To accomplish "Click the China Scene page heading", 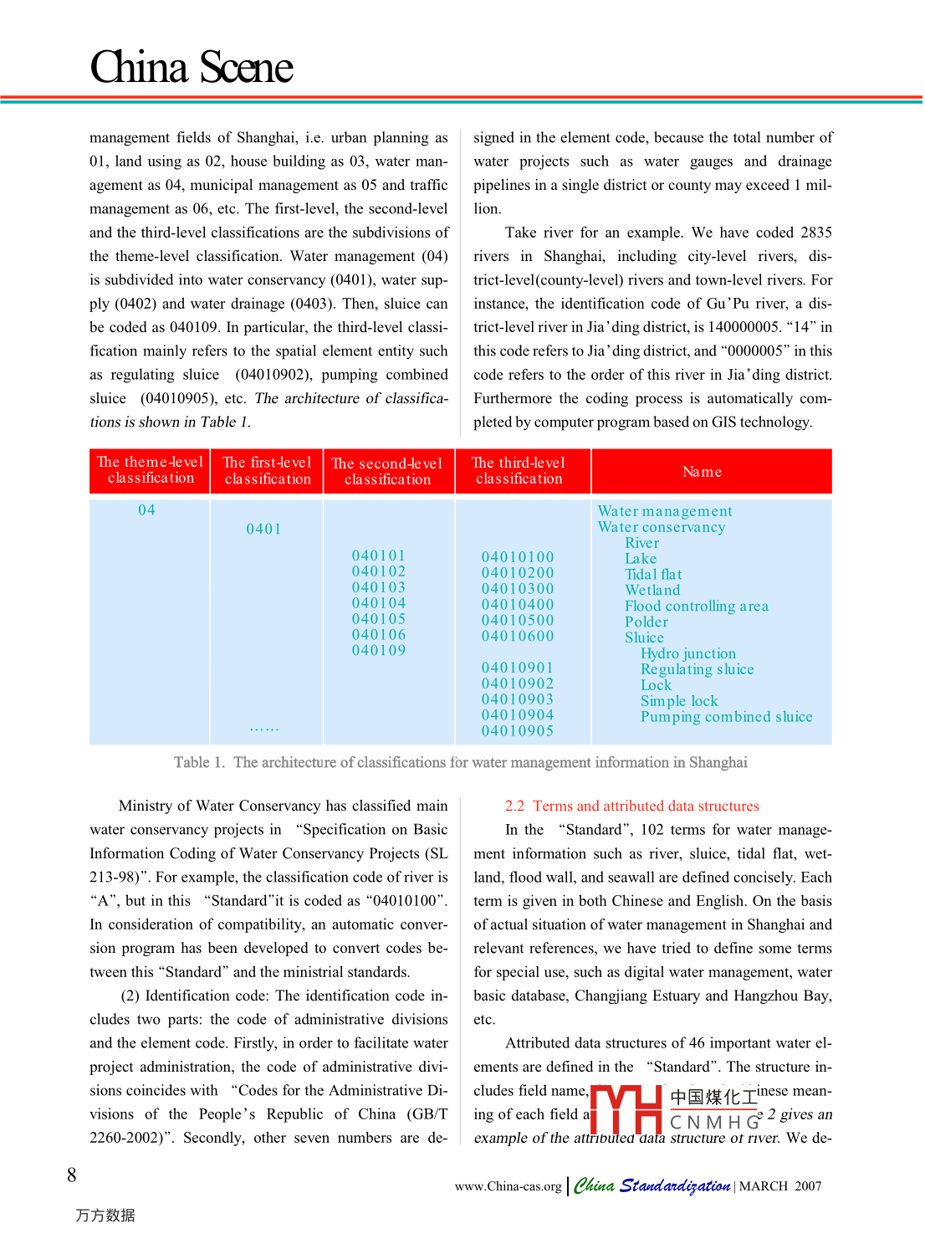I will [192, 67].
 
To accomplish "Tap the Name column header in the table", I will [702, 472].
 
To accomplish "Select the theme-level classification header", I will [151, 470].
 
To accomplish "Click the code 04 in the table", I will [147, 510].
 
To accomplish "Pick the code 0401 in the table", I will [263, 529].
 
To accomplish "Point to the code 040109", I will [379, 651].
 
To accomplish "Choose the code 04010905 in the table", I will [518, 731].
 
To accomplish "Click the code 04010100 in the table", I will [518, 557].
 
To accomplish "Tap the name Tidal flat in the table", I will [653, 575].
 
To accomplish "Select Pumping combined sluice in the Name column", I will [726, 717].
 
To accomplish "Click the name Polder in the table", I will [646, 622].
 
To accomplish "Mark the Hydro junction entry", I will [688, 653].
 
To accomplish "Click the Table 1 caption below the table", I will [460, 762].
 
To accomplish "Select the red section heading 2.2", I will [631, 806].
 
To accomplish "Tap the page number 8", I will [72, 1175].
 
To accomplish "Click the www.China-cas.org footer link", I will [508, 1186].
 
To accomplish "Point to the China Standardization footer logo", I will [652, 1185].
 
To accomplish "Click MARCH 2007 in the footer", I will [779, 1186].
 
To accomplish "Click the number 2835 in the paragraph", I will [815, 233].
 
